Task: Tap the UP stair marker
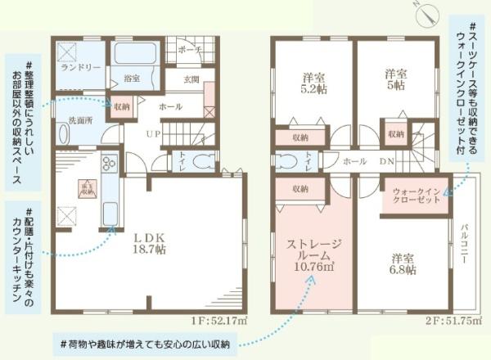click(152, 133)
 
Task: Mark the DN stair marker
click(388, 161)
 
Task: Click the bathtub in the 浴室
click(136, 53)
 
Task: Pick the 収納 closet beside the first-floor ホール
click(122, 106)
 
